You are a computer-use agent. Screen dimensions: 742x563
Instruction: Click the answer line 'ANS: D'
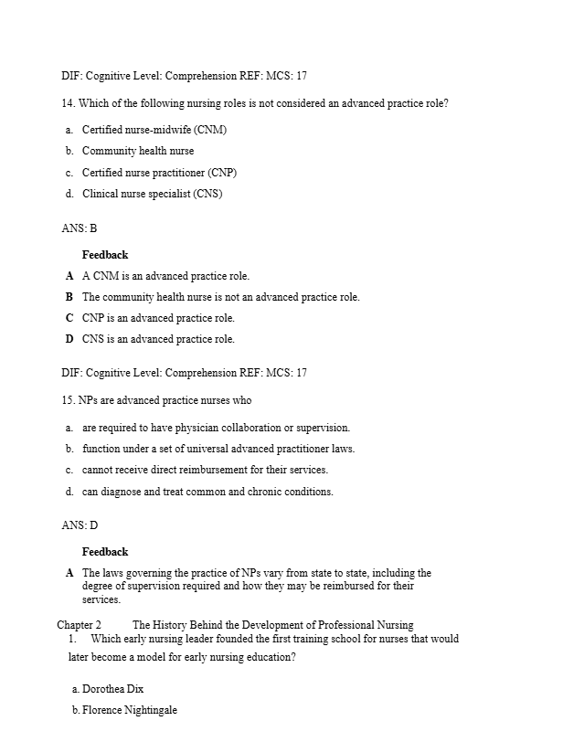click(x=80, y=525)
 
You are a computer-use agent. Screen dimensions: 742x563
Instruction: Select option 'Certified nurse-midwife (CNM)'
click(x=154, y=130)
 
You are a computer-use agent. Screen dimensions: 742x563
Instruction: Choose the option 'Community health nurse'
click(x=138, y=151)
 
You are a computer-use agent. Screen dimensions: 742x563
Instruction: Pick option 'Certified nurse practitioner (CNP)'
click(x=160, y=173)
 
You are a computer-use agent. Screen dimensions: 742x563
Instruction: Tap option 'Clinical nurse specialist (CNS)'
click(x=153, y=194)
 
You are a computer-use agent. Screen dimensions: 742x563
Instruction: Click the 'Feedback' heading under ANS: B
click(x=105, y=255)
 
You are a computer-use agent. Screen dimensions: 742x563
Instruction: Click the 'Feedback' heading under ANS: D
click(x=105, y=552)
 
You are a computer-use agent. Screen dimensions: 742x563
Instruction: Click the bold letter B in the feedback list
click(x=69, y=297)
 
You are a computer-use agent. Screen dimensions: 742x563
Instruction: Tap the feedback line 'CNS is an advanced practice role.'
click(x=158, y=339)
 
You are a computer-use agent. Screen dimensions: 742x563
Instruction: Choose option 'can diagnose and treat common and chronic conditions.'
click(x=207, y=492)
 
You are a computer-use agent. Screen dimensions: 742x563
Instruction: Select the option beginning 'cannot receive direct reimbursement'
click(x=205, y=470)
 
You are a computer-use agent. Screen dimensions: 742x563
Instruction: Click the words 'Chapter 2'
click(x=79, y=626)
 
